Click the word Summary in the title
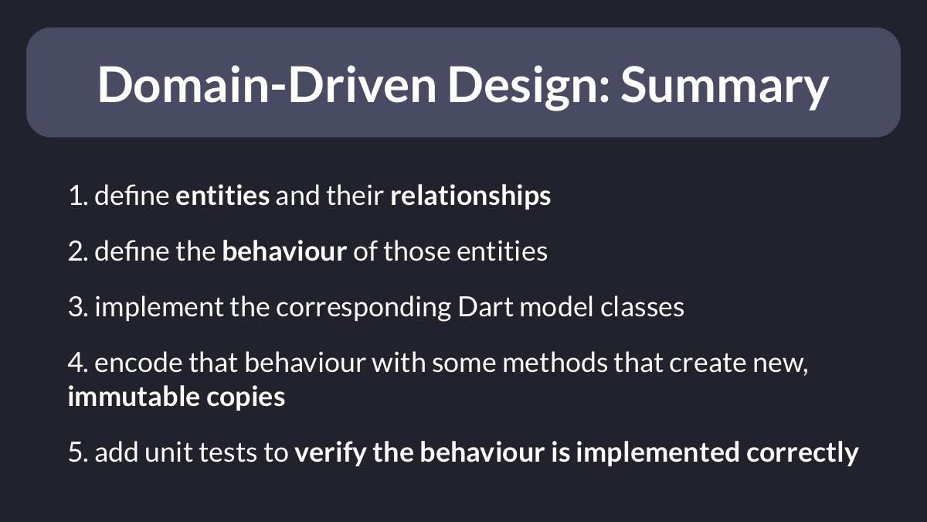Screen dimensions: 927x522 (x=725, y=85)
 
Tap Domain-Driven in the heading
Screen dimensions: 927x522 (x=267, y=84)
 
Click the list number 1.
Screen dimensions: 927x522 (x=78, y=196)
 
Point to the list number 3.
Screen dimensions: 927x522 (x=78, y=307)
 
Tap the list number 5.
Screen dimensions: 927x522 (x=78, y=452)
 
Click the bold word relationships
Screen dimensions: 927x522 (x=470, y=196)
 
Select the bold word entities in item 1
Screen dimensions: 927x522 (x=222, y=196)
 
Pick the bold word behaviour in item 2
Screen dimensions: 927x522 (x=284, y=251)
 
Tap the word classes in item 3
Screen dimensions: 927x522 (x=642, y=307)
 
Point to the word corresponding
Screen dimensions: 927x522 (x=363, y=309)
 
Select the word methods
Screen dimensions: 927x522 (x=555, y=363)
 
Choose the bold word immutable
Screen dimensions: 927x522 (x=134, y=397)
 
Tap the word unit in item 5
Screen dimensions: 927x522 (x=168, y=452)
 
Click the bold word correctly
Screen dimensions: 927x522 (x=803, y=453)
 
